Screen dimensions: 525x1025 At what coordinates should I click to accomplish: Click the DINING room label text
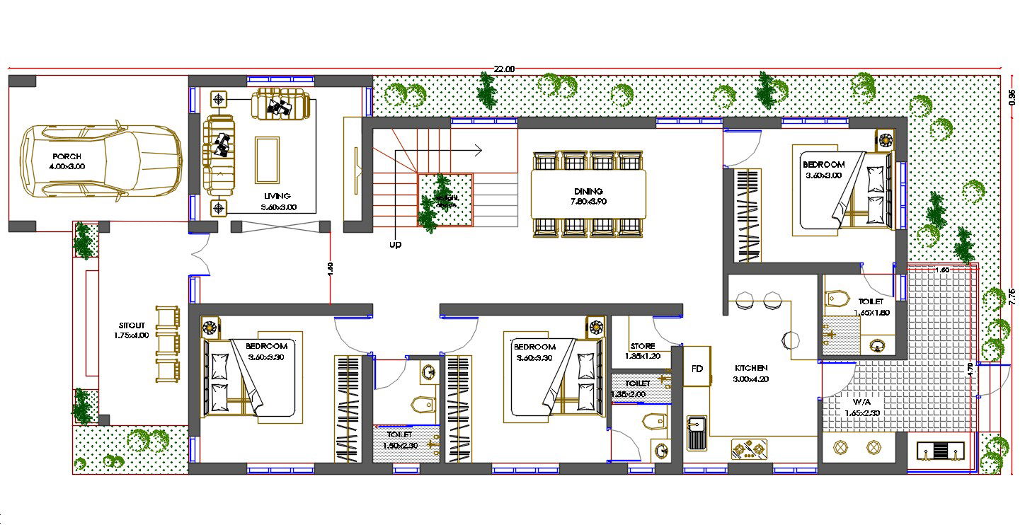pyautogui.click(x=588, y=191)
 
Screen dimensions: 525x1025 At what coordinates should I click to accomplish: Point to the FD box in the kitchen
pyautogui.click(x=697, y=369)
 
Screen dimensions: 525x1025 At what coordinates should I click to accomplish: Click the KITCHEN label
pyautogui.click(x=751, y=369)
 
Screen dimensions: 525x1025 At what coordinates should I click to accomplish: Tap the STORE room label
pyautogui.click(x=642, y=346)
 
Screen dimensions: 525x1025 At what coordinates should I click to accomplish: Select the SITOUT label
pyautogui.click(x=132, y=325)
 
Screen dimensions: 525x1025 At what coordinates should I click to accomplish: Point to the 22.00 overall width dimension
pyautogui.click(x=503, y=69)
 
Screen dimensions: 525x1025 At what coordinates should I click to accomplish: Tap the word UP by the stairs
pyautogui.click(x=395, y=245)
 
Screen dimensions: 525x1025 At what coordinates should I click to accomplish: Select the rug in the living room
pyautogui.click(x=267, y=159)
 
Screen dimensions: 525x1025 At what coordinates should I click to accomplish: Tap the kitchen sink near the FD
pyautogui.click(x=697, y=434)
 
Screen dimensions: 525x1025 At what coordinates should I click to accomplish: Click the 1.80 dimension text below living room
pyautogui.click(x=330, y=268)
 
